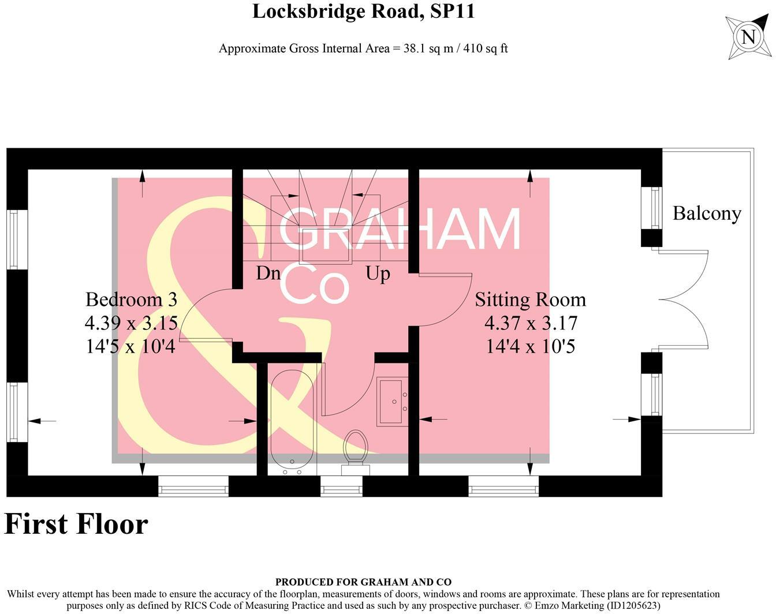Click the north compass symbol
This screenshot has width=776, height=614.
click(x=748, y=37)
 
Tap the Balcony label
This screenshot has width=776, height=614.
click(x=707, y=214)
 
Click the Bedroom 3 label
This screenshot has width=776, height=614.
click(x=131, y=299)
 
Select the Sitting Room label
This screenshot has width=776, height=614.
click(x=530, y=299)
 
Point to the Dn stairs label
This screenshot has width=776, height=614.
click(x=268, y=273)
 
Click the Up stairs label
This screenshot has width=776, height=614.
click(x=378, y=273)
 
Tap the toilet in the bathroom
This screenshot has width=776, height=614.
click(x=356, y=450)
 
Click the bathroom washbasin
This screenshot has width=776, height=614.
click(x=393, y=401)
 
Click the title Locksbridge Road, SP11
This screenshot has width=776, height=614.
click(x=363, y=12)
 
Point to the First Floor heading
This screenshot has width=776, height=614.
click(x=76, y=524)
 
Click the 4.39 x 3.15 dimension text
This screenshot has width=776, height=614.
click(x=131, y=323)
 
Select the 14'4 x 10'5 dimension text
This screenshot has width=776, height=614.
click(x=530, y=346)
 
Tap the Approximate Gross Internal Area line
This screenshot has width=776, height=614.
click(x=363, y=48)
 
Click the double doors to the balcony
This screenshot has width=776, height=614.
click(x=681, y=299)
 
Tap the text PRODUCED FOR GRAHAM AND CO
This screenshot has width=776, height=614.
click(x=363, y=582)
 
